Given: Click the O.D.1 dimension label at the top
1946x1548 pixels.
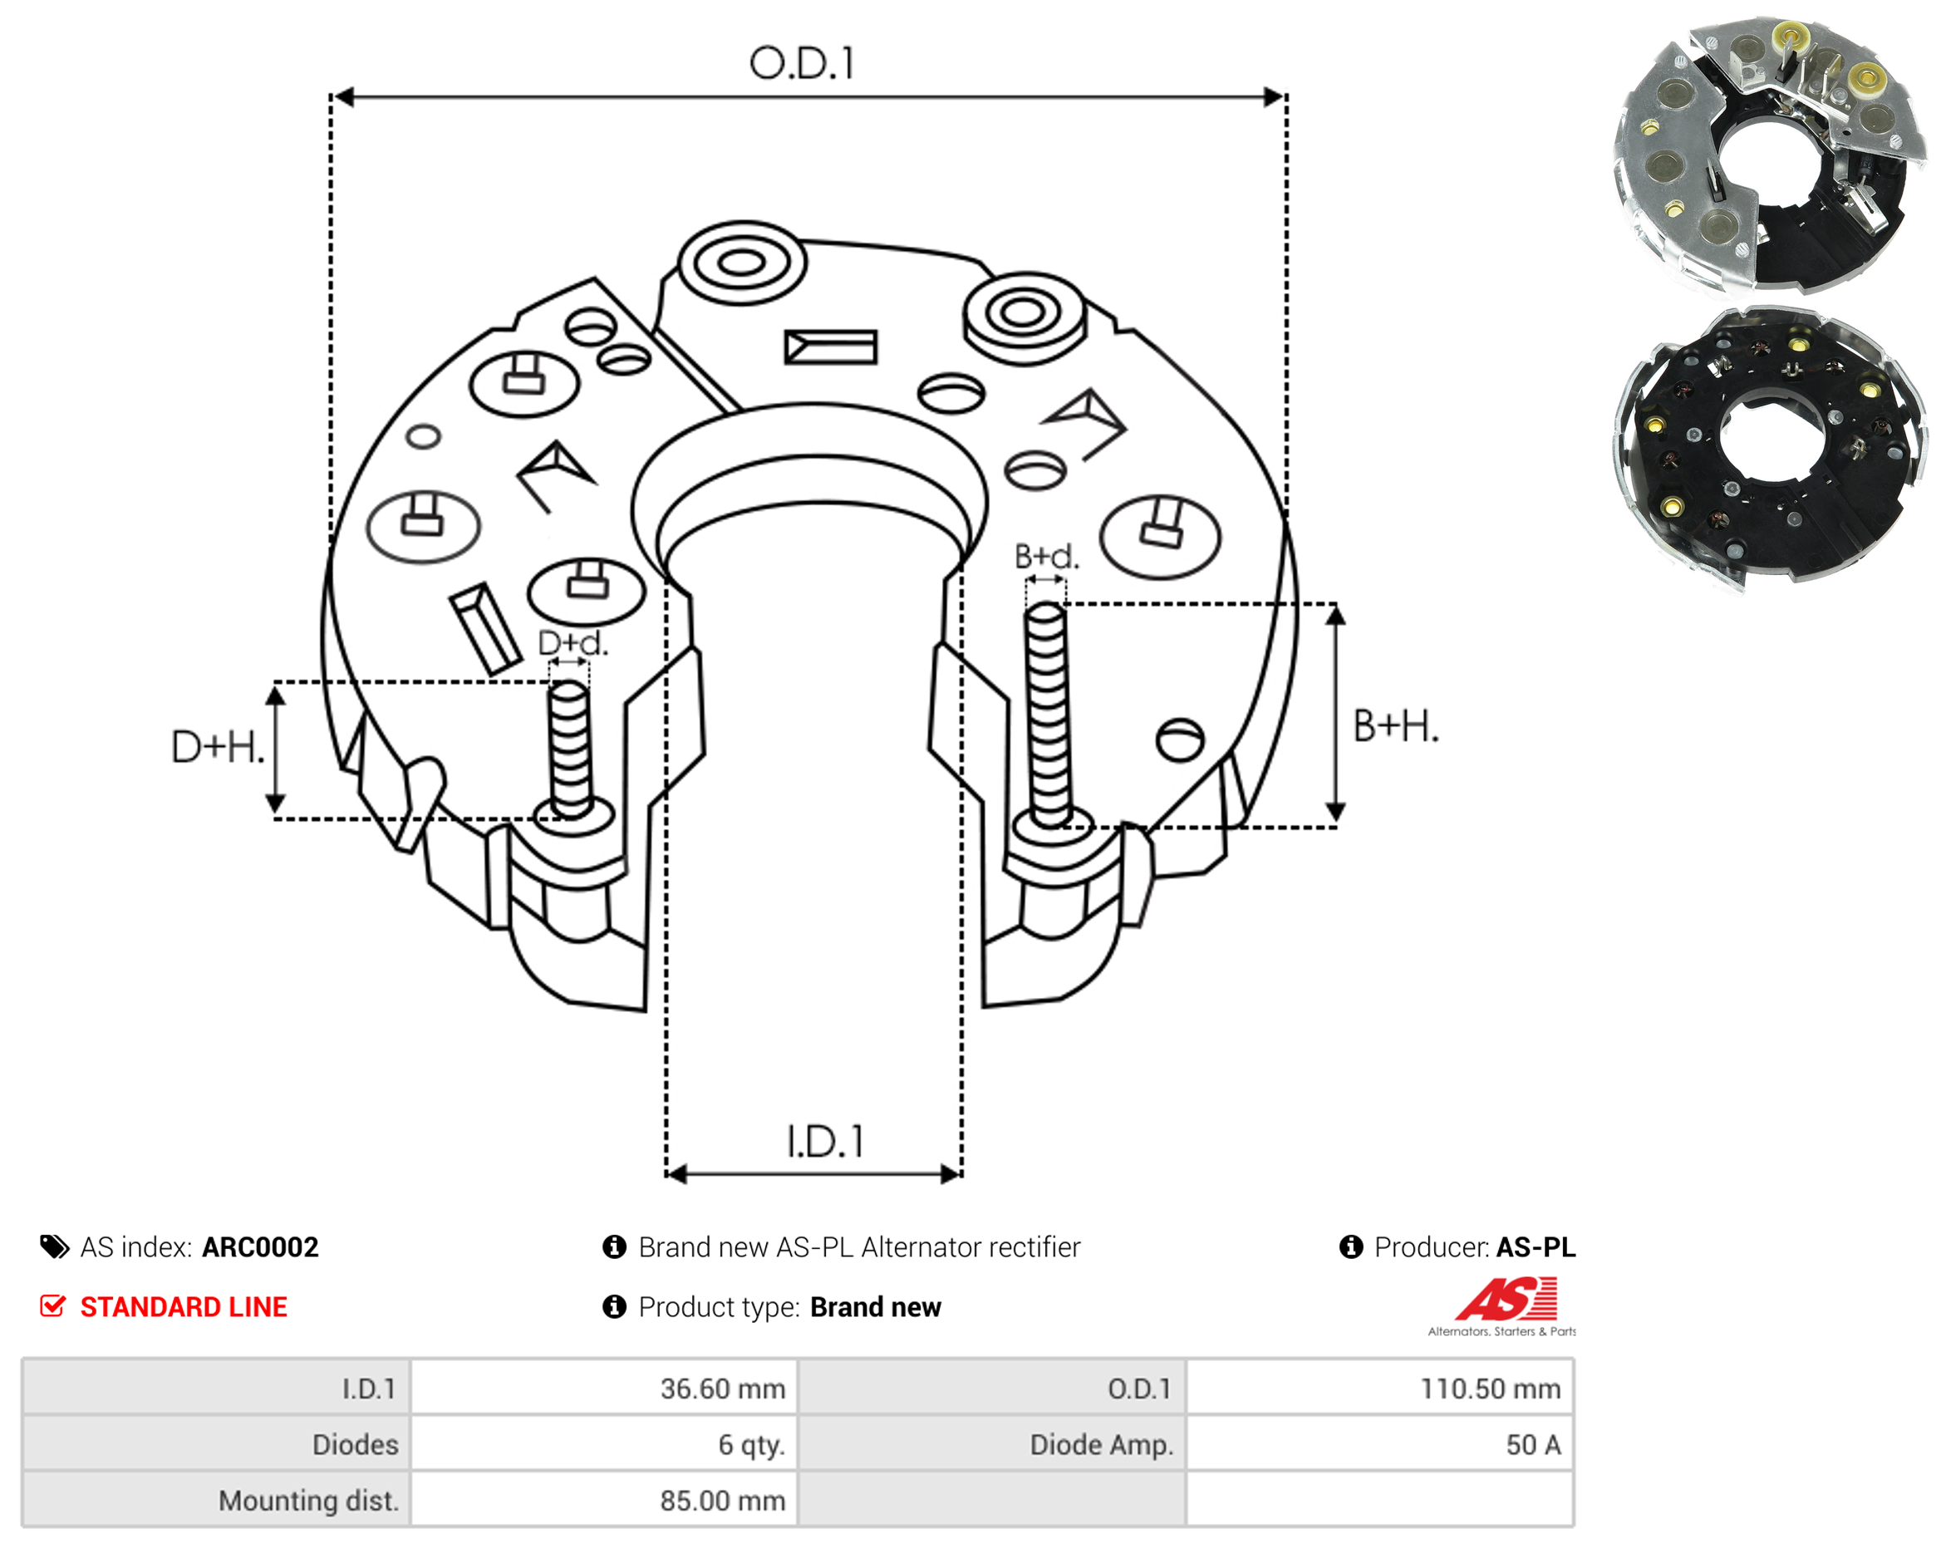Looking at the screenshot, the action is pos(802,63).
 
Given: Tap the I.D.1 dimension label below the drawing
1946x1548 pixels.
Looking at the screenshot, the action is pos(825,1142).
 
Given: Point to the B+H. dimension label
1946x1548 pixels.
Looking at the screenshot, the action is pos(1395,726).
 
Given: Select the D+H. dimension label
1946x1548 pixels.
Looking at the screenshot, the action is pos(218,747).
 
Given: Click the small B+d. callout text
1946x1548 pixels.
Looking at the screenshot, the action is pos(1046,557).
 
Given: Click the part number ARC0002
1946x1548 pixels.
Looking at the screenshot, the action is pos(260,1247).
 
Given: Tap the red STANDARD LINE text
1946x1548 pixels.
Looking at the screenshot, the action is pos(184,1307).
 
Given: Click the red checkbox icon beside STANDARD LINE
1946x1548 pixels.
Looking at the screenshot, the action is pos(52,1306).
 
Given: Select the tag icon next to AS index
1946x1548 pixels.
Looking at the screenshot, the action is pos(54,1247).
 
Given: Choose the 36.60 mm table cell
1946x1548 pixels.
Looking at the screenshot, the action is pos(604,1388).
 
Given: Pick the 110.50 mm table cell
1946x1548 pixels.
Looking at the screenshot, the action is pos(1379,1388).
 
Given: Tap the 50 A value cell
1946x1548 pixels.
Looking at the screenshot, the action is pos(1379,1444).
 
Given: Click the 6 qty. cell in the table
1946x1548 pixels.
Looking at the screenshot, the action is pos(604,1444).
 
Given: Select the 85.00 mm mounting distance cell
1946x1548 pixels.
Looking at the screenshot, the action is pos(604,1500).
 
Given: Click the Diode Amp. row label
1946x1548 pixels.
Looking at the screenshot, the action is pos(1101,1444).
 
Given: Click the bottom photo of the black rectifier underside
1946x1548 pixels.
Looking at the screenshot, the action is pos(1769,449).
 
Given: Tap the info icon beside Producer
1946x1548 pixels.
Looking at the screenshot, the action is pos(1351,1246).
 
